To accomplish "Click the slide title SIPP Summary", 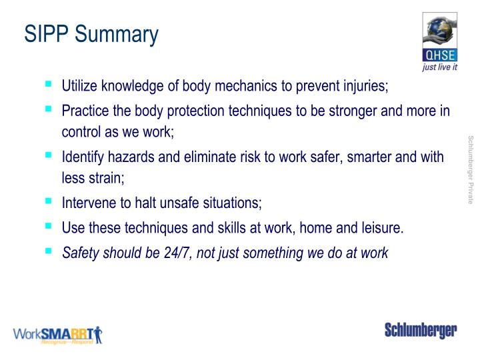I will pyautogui.click(x=91, y=33).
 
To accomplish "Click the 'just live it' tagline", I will pyautogui.click(x=440, y=67).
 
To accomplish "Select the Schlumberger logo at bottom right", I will pyautogui.click(x=420, y=331).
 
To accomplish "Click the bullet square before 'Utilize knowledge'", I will pyautogui.click(x=49, y=85).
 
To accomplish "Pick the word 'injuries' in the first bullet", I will pyautogui.click(x=364, y=87).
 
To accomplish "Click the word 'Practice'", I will pyautogui.click(x=84, y=111).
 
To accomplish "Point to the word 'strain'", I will pyautogui.click(x=107, y=177).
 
